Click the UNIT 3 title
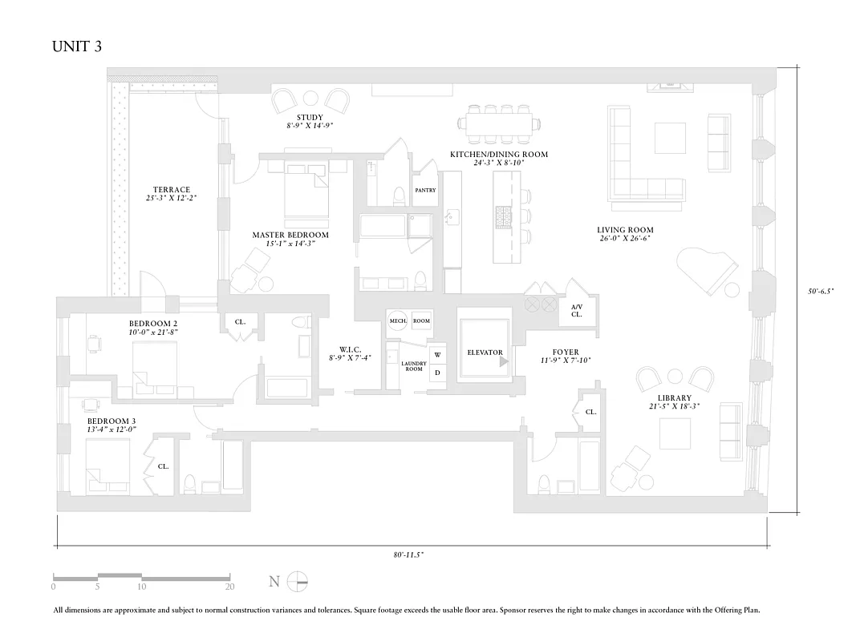pos(77,46)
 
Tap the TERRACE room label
pos(172,190)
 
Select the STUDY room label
pos(310,118)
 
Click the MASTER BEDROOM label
pos(290,235)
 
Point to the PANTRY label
pos(425,191)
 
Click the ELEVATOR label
pos(485,353)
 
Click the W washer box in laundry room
pos(437,355)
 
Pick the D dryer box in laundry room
pos(437,373)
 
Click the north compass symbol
pos(298,581)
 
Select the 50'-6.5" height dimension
pos(821,292)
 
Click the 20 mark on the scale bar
pos(229,587)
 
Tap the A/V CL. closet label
pos(577,311)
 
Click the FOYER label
pos(566,352)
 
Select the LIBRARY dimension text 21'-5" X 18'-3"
pos(674,406)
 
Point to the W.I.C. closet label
pos(351,349)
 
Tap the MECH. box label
pos(398,320)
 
